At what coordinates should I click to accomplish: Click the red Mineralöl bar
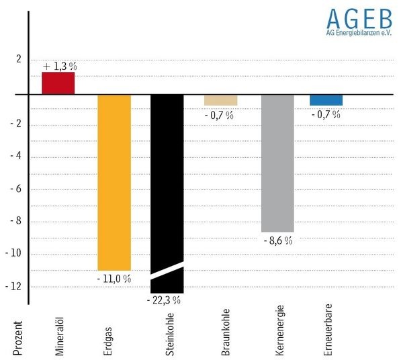[x=58, y=83]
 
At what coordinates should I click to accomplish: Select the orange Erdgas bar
[x=114, y=181]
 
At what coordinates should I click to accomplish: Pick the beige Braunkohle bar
[x=220, y=100]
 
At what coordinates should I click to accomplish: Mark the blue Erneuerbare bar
[x=326, y=100]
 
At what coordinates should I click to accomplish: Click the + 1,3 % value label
[x=60, y=66]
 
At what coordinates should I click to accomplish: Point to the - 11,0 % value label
[x=114, y=279]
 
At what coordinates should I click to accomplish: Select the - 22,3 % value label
[x=164, y=300]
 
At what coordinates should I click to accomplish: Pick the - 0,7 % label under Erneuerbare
[x=326, y=115]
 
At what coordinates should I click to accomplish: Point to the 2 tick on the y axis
[x=18, y=58]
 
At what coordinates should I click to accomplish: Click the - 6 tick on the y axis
[x=15, y=188]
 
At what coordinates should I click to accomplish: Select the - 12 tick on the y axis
[x=14, y=286]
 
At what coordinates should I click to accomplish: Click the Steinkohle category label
[x=170, y=332]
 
